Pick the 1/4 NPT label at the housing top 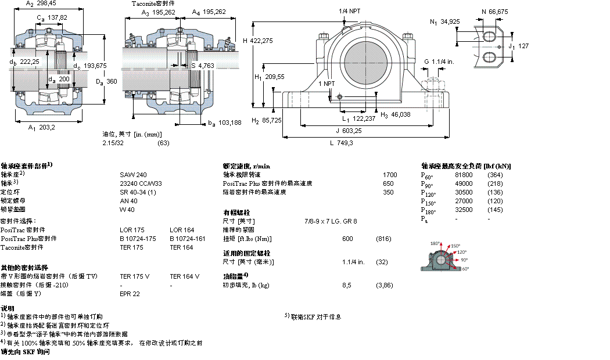[x=349, y=11]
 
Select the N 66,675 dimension [x=494, y=10]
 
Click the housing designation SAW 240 [x=134, y=174]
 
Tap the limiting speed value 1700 [x=390, y=174]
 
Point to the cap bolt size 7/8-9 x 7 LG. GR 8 [x=331, y=221]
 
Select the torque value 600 [x=347, y=239]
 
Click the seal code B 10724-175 [x=138, y=238]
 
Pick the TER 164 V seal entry [x=184, y=276]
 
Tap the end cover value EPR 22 [x=130, y=294]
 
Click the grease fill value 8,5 [x=347, y=285]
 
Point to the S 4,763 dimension [x=203, y=66]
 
